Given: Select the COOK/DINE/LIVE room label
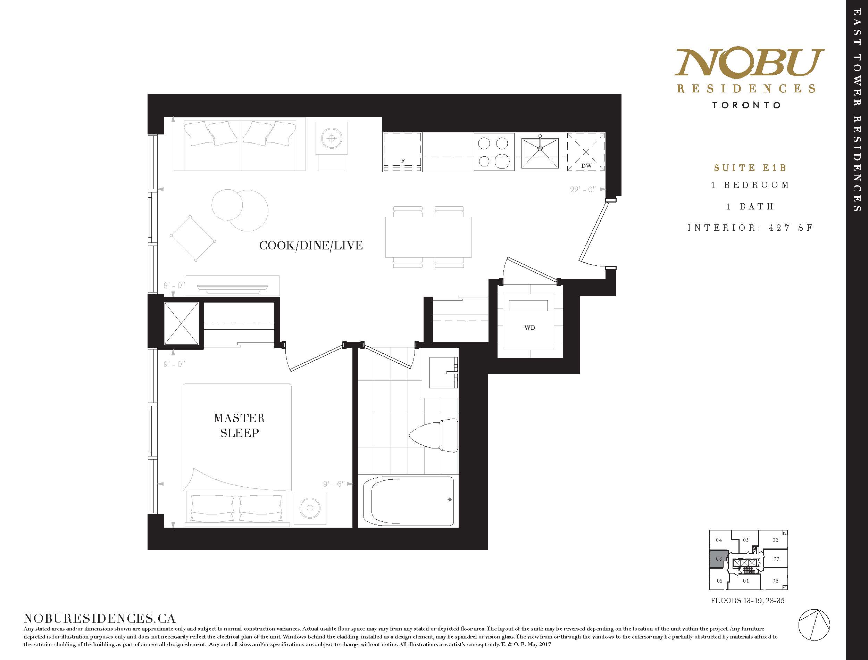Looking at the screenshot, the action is pos(311,246).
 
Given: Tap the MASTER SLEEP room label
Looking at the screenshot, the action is pos(240,426).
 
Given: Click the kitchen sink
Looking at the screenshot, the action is pos(540,153).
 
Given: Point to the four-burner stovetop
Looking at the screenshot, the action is pos(494,152).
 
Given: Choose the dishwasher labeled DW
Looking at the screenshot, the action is pos(586,152).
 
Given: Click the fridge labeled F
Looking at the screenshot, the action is pos(402,152).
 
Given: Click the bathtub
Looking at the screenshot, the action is pos(408,501).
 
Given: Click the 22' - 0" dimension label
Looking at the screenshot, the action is pos(583,189).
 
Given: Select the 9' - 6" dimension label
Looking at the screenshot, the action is pos(334,484).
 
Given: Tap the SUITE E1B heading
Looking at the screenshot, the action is pos(750,168).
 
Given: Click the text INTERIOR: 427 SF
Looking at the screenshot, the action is pos(750,228).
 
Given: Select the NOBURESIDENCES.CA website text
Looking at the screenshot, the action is pos(100,618).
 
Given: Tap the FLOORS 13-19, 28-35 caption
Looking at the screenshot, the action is pos(748,600).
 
